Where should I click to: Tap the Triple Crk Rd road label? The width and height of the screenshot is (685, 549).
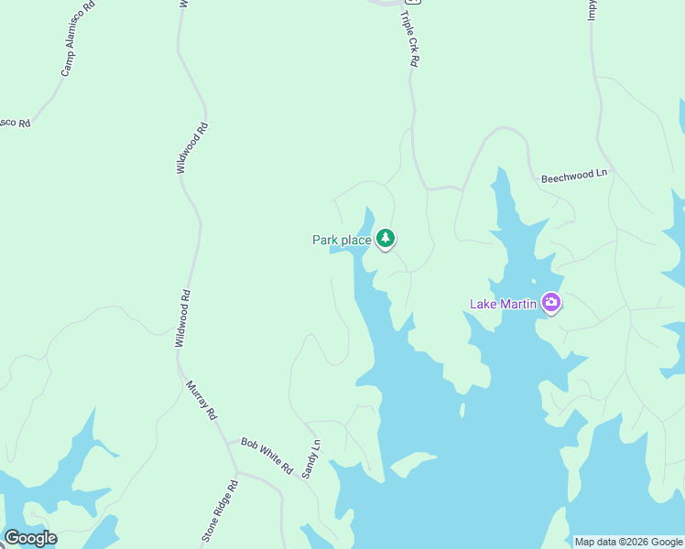409,38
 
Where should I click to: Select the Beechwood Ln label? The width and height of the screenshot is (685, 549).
573,175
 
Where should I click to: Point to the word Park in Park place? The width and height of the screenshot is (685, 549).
325,241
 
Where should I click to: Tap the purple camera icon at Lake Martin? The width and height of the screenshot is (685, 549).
550,302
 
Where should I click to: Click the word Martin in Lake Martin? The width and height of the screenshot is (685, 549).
518,304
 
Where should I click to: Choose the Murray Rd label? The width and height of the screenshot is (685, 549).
201,400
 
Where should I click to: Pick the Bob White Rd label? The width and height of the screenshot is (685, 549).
266,454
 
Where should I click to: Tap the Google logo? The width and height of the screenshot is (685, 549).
29,538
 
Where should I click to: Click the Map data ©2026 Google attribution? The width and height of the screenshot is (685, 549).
628,542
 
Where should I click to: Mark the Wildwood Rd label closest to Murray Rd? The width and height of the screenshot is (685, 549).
185,318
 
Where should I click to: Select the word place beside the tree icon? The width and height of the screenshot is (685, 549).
355,241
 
